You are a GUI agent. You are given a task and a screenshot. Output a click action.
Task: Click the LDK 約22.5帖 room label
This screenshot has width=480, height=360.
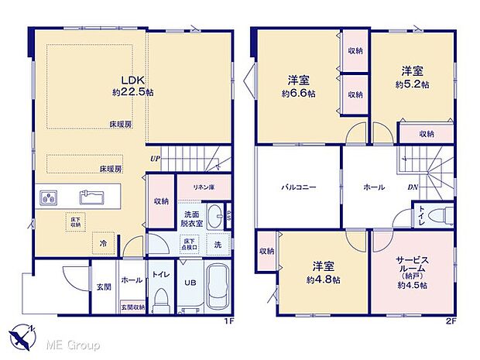pyautogui.click(x=132, y=85)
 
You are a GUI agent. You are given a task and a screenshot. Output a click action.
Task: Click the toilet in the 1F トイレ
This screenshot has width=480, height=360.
pyautogui.click(x=161, y=297)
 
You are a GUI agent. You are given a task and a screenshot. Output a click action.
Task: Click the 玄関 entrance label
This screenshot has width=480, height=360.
pyautogui.click(x=103, y=287)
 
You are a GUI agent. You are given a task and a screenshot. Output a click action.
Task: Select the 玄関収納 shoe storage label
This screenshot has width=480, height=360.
pyautogui.click(x=132, y=308)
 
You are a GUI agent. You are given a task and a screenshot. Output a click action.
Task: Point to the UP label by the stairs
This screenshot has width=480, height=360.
pyautogui.click(x=154, y=160)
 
